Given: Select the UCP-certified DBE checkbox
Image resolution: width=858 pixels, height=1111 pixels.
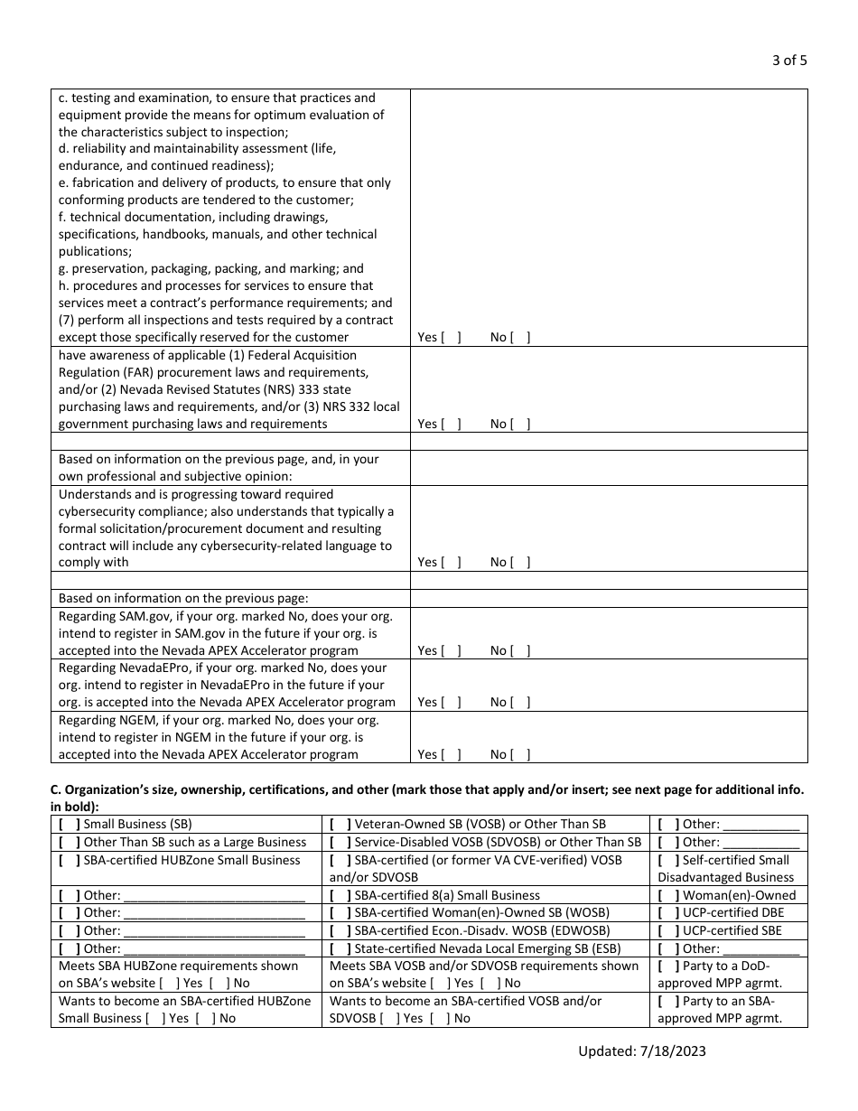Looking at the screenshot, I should pyautogui.click(x=668, y=912).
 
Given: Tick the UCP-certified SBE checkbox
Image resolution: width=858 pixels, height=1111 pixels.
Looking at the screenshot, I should pyautogui.click(x=668, y=930).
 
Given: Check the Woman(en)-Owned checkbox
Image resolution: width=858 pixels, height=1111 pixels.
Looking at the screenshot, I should pyautogui.click(x=668, y=895).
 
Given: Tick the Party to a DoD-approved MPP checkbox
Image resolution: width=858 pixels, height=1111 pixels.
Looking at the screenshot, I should pyautogui.click(x=668, y=966).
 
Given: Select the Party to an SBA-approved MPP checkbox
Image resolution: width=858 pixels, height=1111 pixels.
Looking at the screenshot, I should pyautogui.click(x=668, y=1001).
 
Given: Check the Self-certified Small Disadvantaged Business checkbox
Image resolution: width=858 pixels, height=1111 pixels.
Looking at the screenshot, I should pyautogui.click(x=668, y=860).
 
